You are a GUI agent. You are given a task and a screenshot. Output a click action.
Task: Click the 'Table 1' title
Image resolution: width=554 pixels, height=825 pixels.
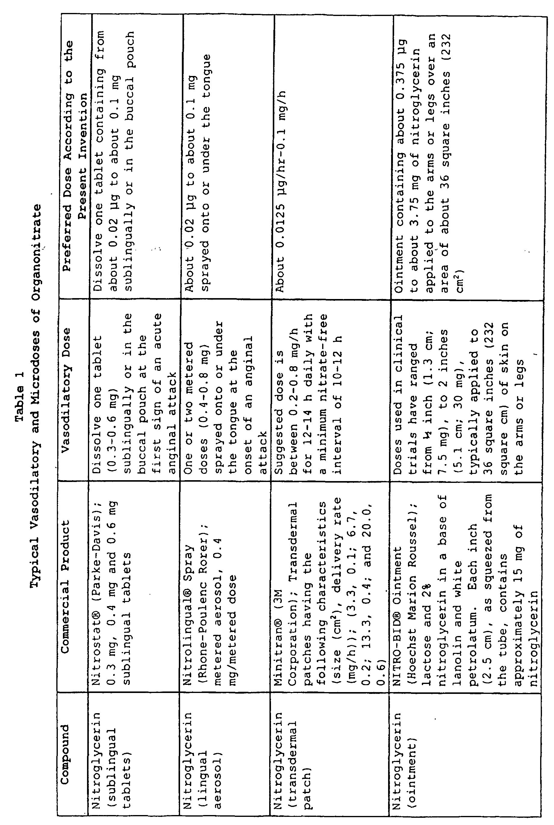tap(20, 396)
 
